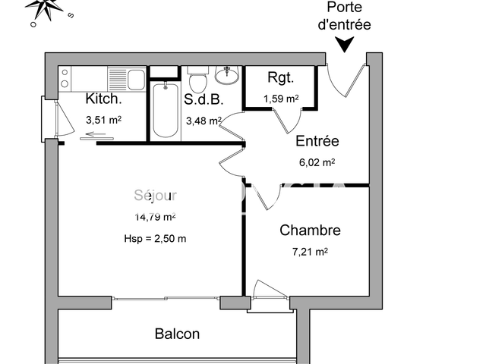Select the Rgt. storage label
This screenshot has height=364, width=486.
(280, 77)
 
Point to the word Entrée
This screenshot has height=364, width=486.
(317, 141)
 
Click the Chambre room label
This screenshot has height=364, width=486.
(310, 231)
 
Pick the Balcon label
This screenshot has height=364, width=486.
(177, 334)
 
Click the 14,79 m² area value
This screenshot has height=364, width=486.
(155, 217)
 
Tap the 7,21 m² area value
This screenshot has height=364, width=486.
(310, 252)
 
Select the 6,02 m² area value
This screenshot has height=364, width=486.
(317, 162)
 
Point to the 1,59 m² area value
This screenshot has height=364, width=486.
(281, 98)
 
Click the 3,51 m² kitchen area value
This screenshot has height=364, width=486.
(104, 119)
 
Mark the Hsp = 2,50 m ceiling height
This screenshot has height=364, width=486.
(155, 238)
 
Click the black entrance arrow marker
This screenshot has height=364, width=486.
(345, 45)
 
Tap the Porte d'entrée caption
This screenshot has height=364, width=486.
(344, 16)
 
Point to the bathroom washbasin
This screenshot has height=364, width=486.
(226, 74)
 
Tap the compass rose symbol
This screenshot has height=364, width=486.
(49, 8)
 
